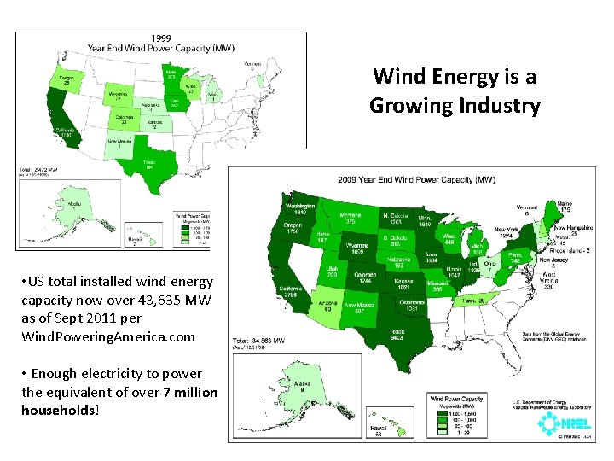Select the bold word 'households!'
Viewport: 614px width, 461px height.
61,411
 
